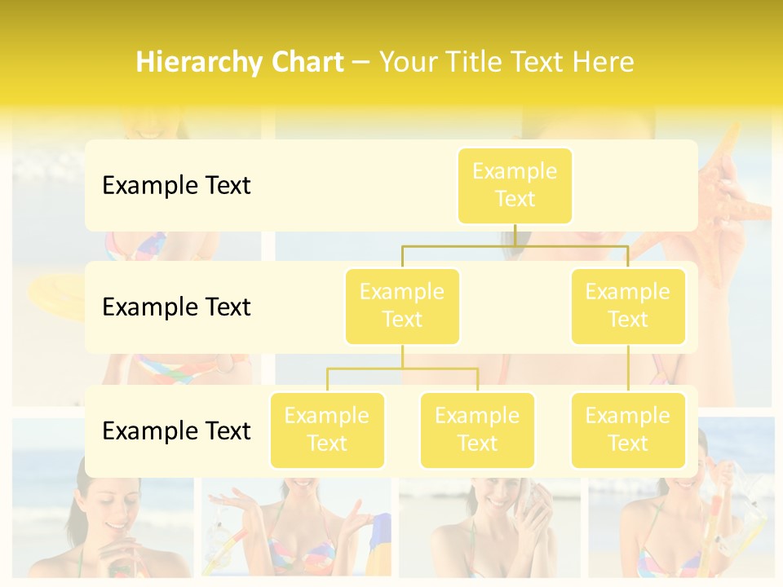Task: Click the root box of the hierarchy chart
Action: click(x=515, y=185)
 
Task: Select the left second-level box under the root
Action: click(x=402, y=306)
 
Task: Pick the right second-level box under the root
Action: click(x=628, y=306)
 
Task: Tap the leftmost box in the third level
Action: click(x=327, y=430)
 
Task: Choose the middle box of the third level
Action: click(x=477, y=430)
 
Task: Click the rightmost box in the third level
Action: click(x=628, y=430)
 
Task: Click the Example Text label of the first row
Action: click(x=176, y=185)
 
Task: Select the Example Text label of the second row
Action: click(x=176, y=307)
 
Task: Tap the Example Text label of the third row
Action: click(x=176, y=430)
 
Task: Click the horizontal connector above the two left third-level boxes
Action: click(x=402, y=369)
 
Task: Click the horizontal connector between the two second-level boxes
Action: click(x=515, y=245)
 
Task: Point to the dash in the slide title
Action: click(x=361, y=63)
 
